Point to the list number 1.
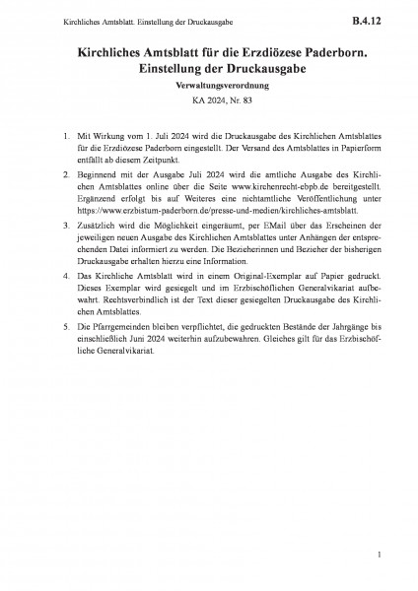click(64, 133)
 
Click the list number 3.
click(64, 224)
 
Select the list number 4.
click(64, 278)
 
